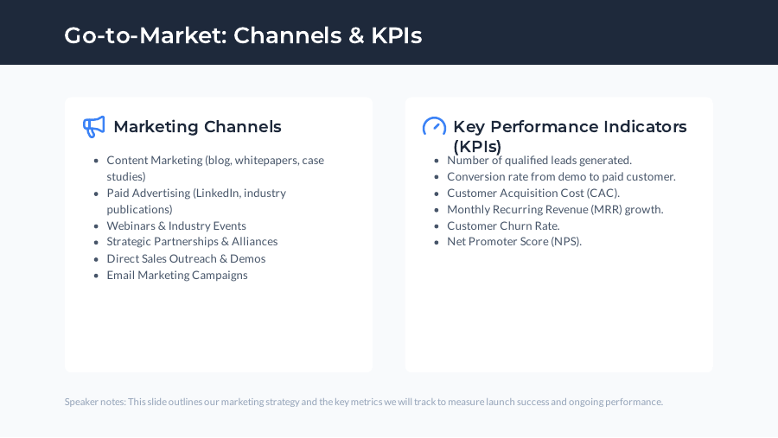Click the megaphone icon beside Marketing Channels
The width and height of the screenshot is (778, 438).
coord(93,127)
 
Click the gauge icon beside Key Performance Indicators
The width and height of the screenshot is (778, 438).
coord(434,127)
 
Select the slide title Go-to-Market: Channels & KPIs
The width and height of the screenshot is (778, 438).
coord(243,35)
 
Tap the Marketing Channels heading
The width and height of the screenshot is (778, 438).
coord(197,127)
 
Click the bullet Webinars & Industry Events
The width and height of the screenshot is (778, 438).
coord(176,225)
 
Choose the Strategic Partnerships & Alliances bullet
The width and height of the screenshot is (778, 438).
coord(192,242)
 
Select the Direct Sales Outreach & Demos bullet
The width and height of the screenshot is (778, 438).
coord(186,258)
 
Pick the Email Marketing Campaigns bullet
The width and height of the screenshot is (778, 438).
coord(177,275)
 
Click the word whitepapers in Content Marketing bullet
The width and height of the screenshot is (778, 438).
coord(263,160)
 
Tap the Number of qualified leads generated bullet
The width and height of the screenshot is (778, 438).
coord(539,160)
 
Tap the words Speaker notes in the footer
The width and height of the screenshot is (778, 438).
coord(94,402)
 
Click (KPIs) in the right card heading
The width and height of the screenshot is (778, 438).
coord(477,147)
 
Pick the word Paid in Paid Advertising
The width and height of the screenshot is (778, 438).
coord(118,193)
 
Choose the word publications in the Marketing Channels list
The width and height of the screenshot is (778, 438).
coord(139,209)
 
